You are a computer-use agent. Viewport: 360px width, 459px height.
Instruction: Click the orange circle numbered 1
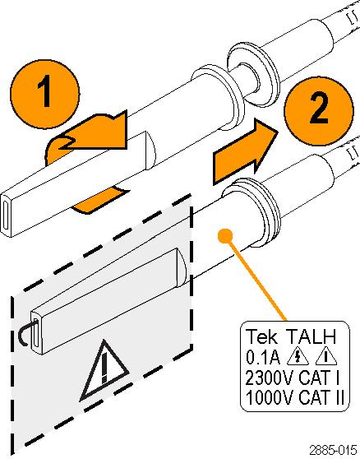(x=44, y=95)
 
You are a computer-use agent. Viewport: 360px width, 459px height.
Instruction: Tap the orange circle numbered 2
(x=319, y=111)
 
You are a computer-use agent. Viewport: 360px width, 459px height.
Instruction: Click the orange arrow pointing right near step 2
(x=245, y=152)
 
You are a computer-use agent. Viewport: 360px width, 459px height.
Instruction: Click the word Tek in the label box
(x=262, y=336)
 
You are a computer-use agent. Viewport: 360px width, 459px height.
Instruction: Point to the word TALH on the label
(x=311, y=336)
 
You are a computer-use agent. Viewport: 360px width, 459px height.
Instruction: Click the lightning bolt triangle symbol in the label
(x=298, y=358)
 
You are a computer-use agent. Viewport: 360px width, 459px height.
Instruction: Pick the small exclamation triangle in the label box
(x=325, y=358)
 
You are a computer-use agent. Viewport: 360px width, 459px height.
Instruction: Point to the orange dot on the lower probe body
(x=225, y=235)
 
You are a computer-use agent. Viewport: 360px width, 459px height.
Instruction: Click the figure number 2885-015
(x=333, y=450)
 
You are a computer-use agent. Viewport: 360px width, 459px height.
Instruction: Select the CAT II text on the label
(x=321, y=398)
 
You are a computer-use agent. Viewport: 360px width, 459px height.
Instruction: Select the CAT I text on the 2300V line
(x=318, y=378)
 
